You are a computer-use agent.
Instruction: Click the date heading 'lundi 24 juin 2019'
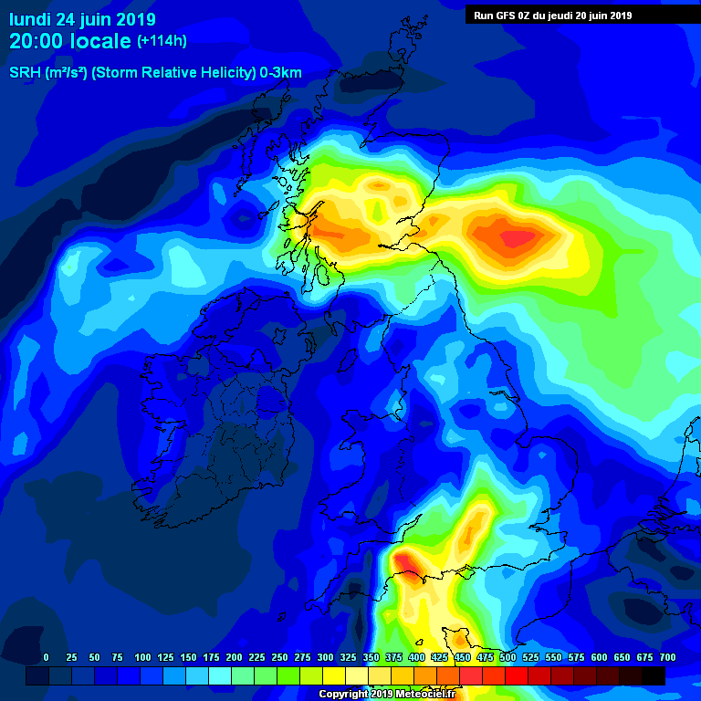83,19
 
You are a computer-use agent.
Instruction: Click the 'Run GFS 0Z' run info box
553,15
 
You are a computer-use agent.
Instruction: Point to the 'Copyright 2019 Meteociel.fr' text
387,695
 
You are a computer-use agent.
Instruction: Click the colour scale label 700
667,657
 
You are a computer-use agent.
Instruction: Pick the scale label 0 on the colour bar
46,657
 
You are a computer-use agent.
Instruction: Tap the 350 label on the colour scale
371,657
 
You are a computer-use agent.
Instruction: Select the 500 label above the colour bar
507,657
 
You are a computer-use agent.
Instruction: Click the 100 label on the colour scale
142,657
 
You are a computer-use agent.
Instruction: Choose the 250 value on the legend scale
279,657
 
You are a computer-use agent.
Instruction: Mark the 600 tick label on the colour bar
599,657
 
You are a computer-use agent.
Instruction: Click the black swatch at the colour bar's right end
654,675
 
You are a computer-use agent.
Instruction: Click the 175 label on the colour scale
211,657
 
